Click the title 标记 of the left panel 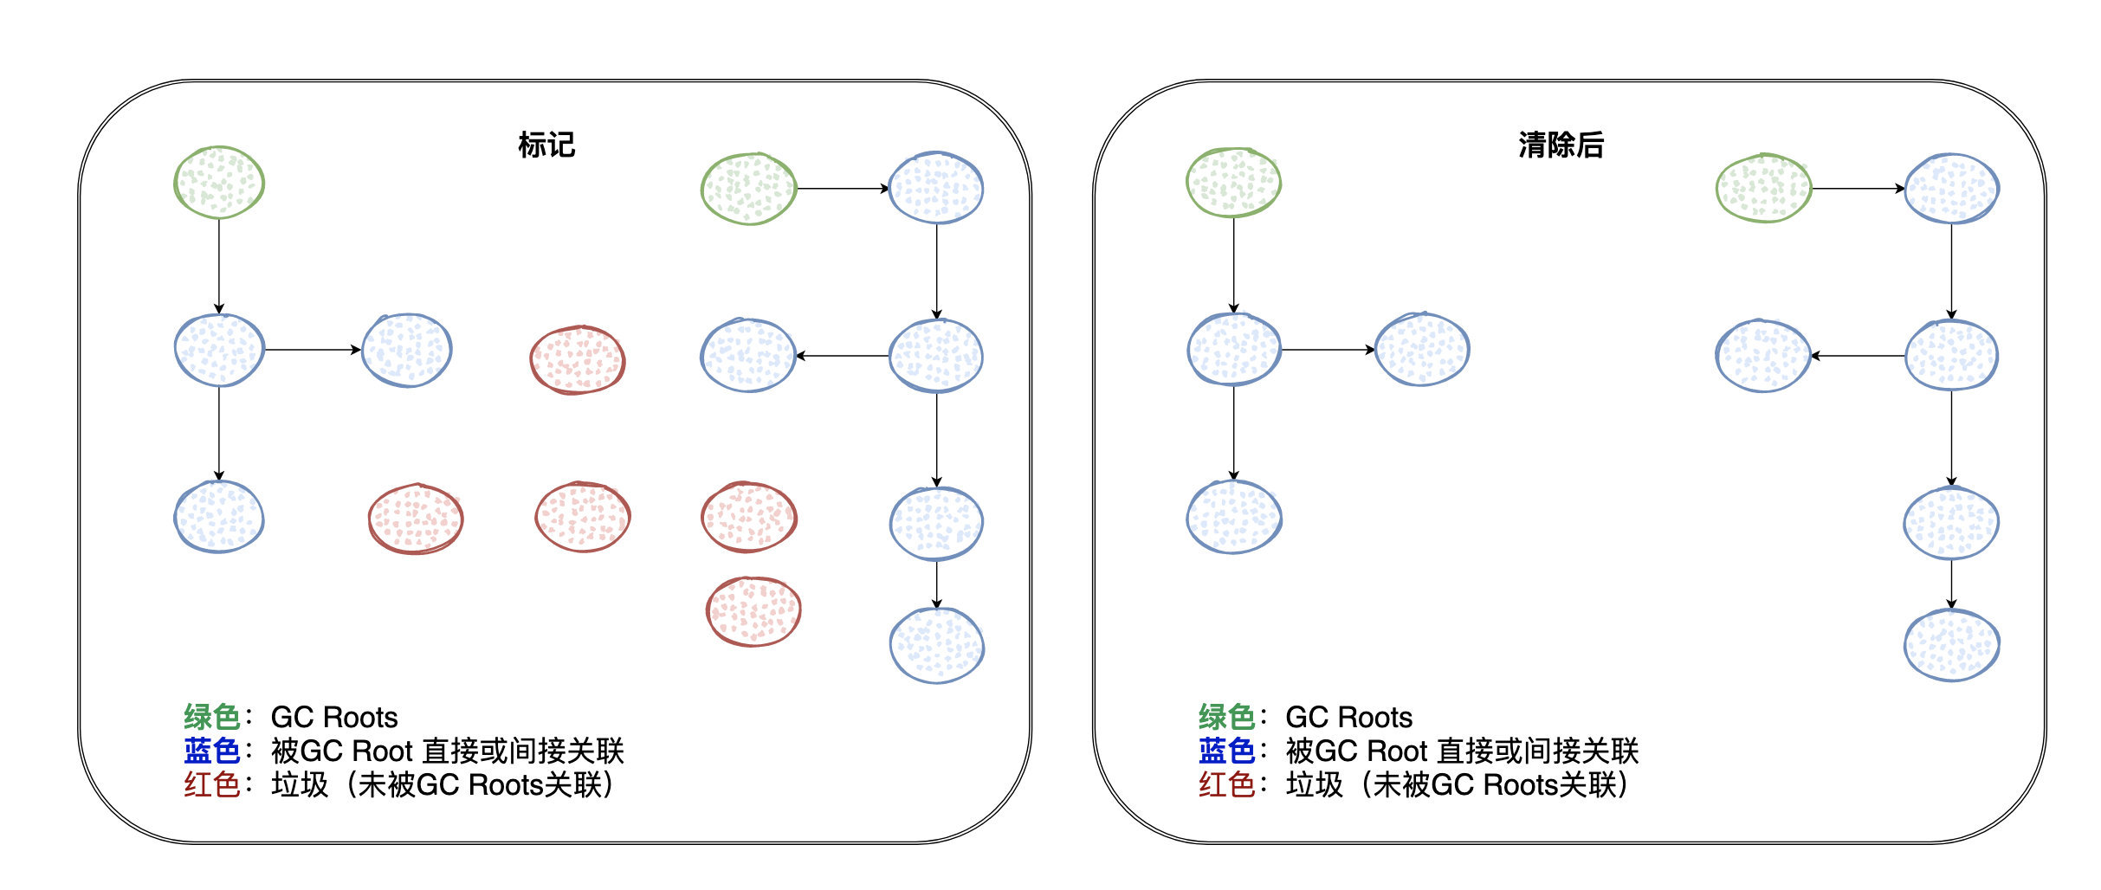click(546, 145)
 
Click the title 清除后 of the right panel click(1561, 145)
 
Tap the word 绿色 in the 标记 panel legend click(211, 717)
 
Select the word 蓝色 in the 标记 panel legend click(211, 751)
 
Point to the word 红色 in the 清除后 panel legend click(1226, 784)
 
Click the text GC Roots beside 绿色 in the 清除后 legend click(1348, 717)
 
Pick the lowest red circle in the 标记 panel click(753, 611)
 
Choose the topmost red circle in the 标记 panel click(577, 359)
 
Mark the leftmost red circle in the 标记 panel click(416, 519)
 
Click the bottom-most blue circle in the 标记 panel click(936, 645)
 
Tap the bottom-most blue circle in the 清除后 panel click(1951, 645)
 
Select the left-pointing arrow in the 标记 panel click(842, 356)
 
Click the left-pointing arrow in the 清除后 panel click(1858, 356)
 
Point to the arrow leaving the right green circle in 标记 click(842, 188)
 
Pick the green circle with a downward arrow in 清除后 click(1233, 182)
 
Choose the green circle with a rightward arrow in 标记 click(748, 189)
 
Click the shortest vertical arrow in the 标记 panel click(936, 584)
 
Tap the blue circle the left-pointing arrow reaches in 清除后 click(1762, 356)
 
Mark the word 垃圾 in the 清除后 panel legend click(1314, 784)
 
